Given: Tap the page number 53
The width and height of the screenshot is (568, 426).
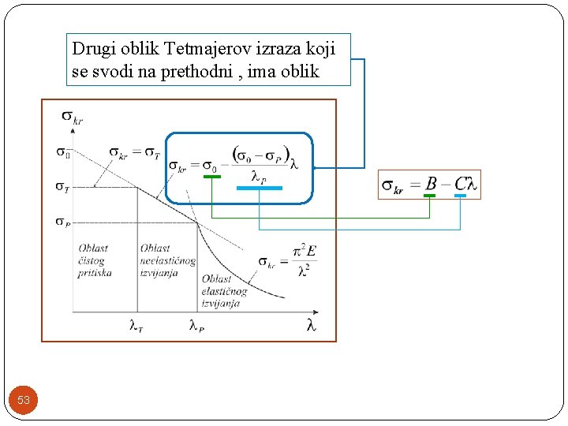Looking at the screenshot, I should click(24, 400).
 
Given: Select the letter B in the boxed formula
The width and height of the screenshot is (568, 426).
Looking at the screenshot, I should click(431, 184).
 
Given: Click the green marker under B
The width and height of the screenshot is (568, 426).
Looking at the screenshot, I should click(429, 195).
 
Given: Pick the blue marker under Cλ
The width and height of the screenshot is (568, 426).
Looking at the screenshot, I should click(460, 195).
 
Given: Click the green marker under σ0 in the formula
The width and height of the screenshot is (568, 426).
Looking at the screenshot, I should click(212, 177).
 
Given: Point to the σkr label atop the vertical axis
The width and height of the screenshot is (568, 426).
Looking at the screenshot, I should click(72, 118).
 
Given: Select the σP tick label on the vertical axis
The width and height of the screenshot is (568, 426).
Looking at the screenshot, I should click(62, 222).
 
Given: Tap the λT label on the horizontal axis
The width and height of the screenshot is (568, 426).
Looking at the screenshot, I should click(136, 324).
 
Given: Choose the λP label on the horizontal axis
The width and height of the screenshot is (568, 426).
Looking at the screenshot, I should click(196, 324).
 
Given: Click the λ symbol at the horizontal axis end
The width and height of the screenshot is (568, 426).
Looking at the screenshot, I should click(311, 324).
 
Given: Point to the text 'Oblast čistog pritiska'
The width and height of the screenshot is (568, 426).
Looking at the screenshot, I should click(94, 260).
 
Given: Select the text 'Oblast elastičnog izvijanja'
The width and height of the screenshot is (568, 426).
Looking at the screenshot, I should click(224, 291).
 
